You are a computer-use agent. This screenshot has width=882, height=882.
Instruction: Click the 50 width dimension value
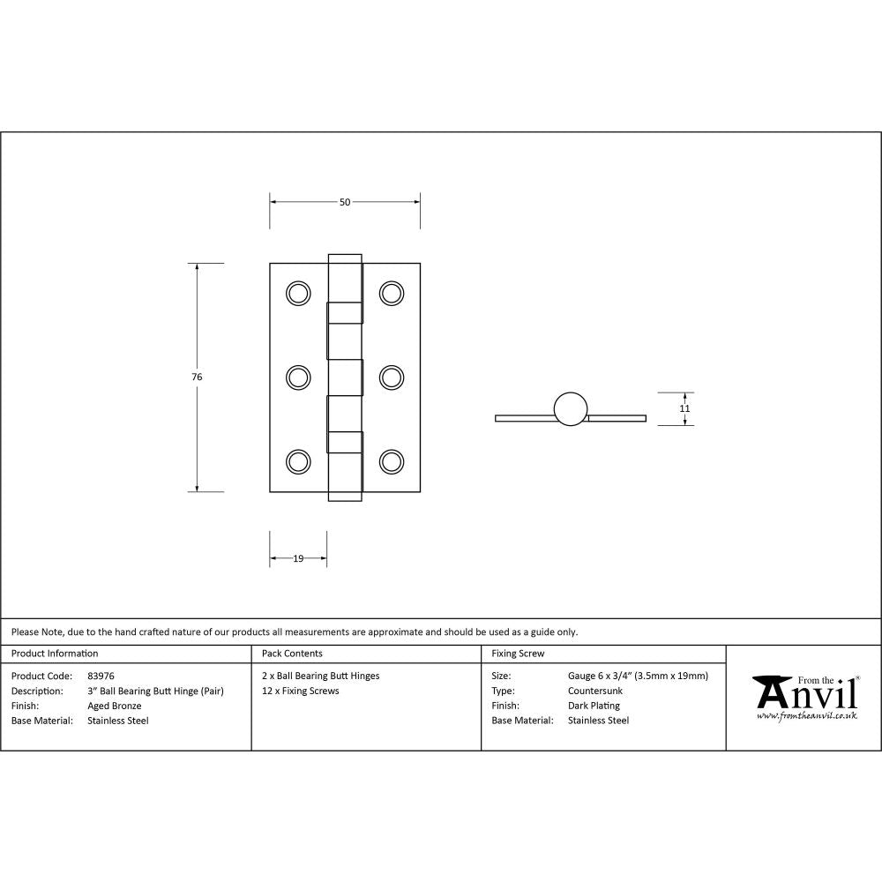tap(345, 202)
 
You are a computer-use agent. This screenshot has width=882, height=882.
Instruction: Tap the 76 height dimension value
tap(197, 377)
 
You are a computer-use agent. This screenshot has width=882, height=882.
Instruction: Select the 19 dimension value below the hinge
tap(298, 558)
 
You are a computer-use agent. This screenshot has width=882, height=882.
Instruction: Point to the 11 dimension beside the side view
tap(684, 408)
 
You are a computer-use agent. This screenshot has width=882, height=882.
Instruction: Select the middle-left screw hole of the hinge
tap(299, 377)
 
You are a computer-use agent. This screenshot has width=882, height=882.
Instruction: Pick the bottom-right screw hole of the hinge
tap(392, 461)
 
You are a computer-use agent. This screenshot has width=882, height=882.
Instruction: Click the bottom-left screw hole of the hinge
tap(299, 461)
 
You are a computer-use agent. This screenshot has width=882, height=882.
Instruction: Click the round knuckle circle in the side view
tap(571, 407)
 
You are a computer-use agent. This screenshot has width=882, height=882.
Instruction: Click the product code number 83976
tap(101, 676)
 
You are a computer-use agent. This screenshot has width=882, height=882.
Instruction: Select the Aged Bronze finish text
tap(114, 706)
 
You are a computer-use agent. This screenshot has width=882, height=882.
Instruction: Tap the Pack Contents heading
tap(292, 654)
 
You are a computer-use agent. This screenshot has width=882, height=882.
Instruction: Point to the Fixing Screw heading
tap(518, 654)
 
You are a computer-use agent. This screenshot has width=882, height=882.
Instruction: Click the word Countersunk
tap(595, 691)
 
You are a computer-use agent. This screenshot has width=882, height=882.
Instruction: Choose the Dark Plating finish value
tap(594, 706)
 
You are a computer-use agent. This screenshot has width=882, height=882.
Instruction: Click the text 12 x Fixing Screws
tap(300, 691)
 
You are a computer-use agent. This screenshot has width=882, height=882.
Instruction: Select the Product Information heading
tap(55, 654)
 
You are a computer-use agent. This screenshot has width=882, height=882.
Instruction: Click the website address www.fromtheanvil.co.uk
tap(806, 716)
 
